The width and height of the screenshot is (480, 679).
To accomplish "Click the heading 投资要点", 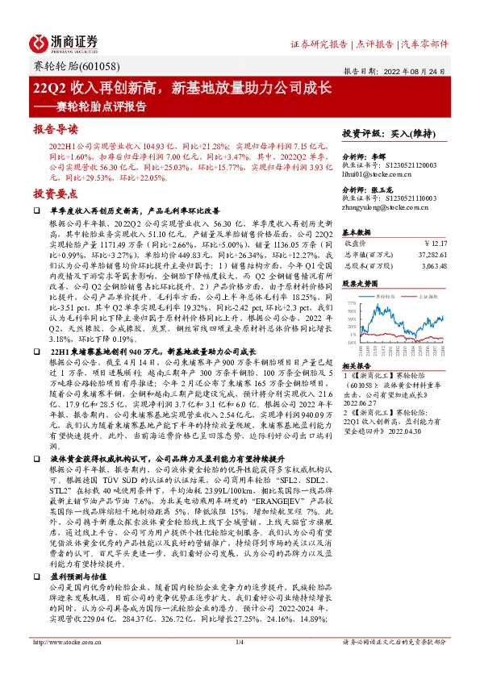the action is click(55, 194).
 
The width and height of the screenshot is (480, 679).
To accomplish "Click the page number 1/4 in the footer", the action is click(240, 664).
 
